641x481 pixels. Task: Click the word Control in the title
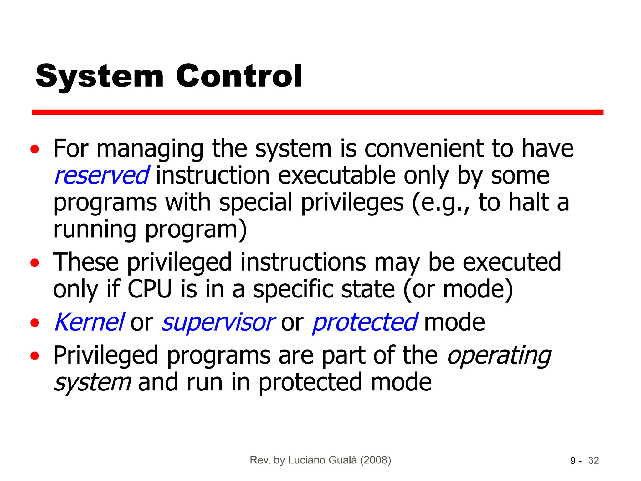[239, 76]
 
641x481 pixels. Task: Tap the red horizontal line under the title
[317, 112]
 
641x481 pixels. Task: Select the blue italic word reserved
[101, 175]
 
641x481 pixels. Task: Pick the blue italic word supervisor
[218, 323]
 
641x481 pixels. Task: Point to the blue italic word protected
[365, 323]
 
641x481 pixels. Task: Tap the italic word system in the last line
[92, 383]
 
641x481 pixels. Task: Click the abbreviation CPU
[150, 289]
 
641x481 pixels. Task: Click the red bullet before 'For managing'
[35, 149]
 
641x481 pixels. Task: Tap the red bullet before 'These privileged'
[35, 263]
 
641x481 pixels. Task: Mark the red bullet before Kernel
[35, 323]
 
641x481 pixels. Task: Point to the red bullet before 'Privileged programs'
[35, 356]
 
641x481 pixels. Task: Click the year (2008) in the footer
[376, 460]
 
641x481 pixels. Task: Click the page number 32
[593, 461]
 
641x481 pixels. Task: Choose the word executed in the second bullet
[512, 262]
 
